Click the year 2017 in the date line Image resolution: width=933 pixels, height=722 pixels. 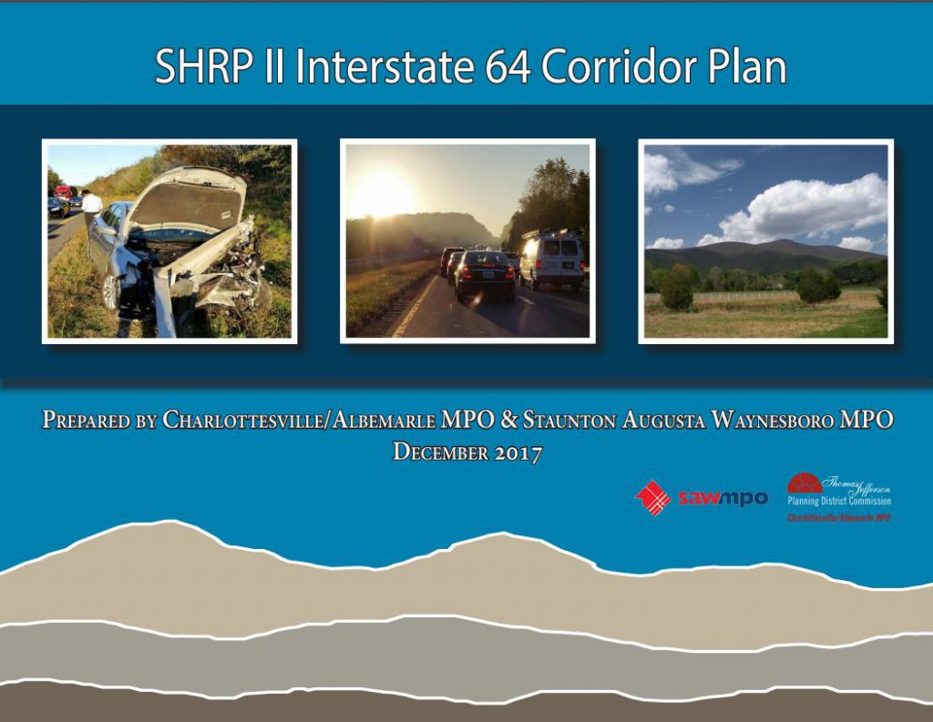pos(518,453)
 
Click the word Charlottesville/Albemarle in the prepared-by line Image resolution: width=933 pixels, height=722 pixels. pos(299,420)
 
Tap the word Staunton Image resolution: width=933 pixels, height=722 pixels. pos(569,420)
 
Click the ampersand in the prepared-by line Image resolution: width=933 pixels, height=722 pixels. pos(508,420)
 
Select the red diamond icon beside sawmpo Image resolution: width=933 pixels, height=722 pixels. pos(652,497)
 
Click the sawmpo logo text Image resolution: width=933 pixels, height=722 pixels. pos(723,498)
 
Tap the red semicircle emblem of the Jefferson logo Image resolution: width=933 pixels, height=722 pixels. pos(805,483)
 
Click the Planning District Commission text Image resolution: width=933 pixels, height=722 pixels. pos(839,502)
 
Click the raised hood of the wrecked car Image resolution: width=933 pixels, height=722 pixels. pos(188,198)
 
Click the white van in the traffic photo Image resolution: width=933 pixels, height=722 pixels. pos(551,259)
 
